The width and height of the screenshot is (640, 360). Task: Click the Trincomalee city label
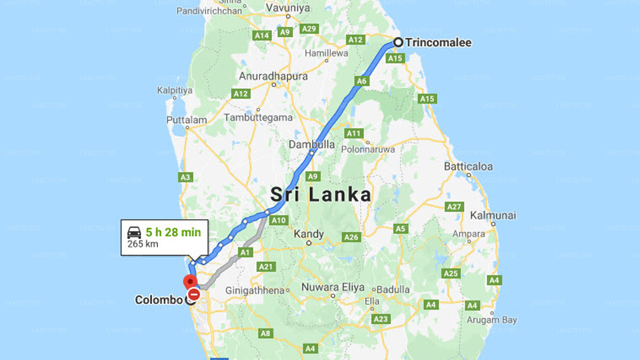[438, 43]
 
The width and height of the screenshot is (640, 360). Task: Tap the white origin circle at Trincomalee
[398, 42]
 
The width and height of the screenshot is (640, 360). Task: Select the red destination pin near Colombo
[190, 281]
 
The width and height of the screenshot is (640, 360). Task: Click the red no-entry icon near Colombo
[194, 294]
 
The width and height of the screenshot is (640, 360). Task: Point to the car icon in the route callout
[134, 232]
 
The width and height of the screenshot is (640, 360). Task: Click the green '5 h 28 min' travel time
[173, 232]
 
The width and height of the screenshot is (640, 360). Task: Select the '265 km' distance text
[142, 244]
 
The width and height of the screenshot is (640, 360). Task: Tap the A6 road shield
[362, 80]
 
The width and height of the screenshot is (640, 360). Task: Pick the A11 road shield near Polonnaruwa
[353, 133]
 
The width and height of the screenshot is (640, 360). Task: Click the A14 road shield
[262, 35]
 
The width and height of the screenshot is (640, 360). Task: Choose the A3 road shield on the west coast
[185, 177]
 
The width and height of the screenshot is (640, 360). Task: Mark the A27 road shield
[454, 206]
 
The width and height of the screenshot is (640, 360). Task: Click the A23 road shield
[380, 318]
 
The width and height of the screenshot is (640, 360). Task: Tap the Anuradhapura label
[273, 76]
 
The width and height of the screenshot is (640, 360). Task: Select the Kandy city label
[308, 234]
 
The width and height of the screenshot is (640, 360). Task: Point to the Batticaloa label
[468, 166]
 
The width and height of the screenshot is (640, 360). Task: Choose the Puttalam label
[186, 120]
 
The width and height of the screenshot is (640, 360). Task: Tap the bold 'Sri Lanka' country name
[320, 195]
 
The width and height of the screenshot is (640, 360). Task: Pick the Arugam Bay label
[491, 319]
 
